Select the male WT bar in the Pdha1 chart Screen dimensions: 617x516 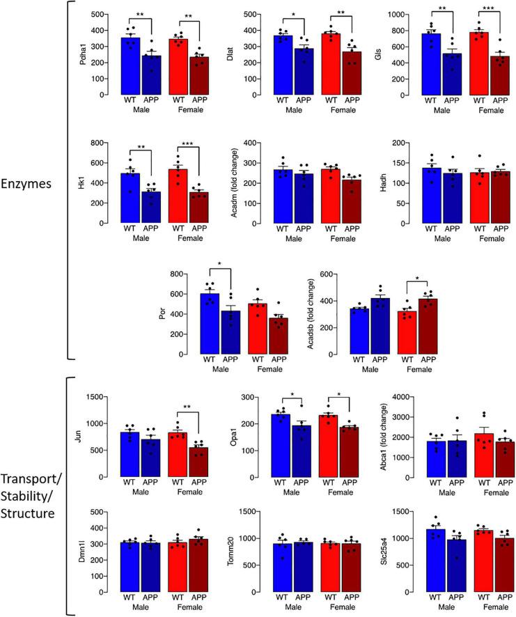(x=130, y=66)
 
